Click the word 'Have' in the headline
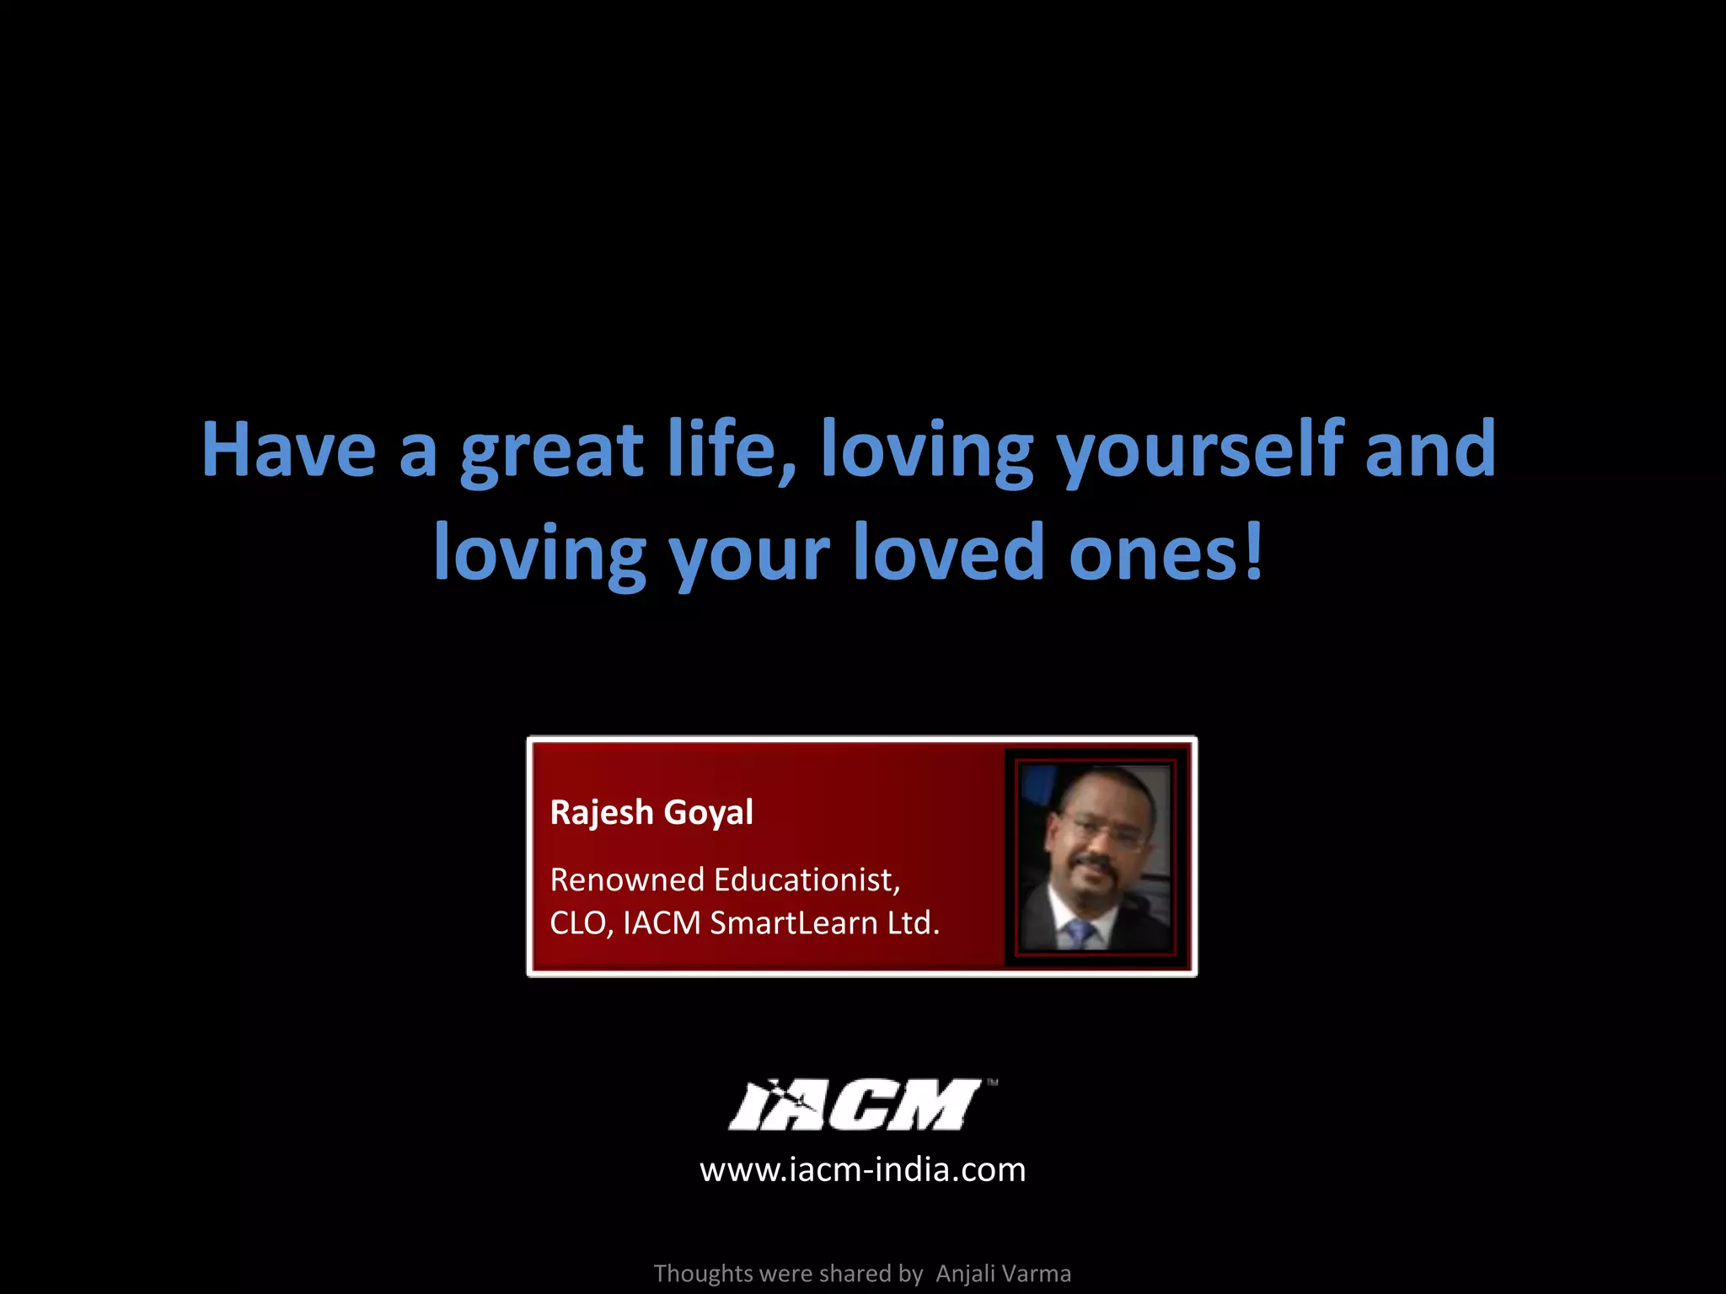click(288, 450)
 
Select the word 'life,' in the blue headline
click(732, 450)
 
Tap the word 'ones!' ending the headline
click(1166, 554)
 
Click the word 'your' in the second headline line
click(749, 558)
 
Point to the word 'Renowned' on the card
click(627, 880)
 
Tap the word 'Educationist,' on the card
click(807, 880)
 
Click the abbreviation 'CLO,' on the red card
click(582, 924)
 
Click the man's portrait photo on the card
click(1095, 858)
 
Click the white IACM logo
click(856, 1104)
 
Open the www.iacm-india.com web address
click(863, 1170)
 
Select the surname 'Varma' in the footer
click(1037, 1274)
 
